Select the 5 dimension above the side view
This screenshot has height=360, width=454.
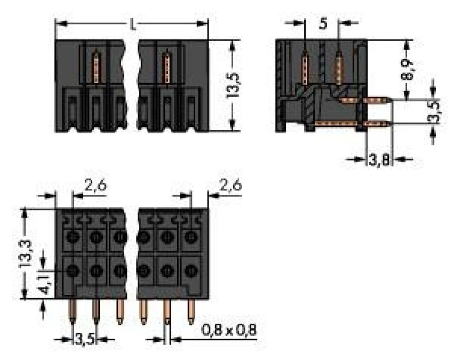pyautogui.click(x=322, y=25)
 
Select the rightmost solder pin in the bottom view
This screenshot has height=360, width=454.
pyautogui.click(x=190, y=313)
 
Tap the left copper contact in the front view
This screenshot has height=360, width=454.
pyautogui.click(x=97, y=66)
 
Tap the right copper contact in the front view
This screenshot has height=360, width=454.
pyautogui.click(x=166, y=66)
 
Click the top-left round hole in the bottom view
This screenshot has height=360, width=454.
pyautogui.click(x=73, y=236)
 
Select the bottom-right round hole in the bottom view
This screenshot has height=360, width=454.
pyautogui.click(x=190, y=271)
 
